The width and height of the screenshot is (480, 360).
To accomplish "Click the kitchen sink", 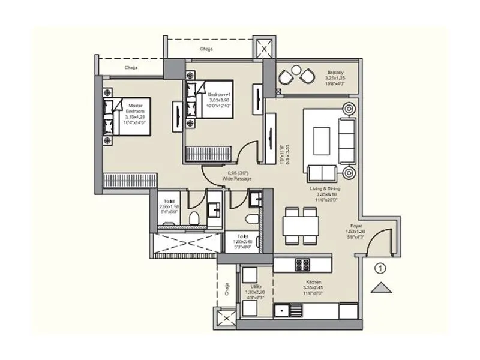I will coord(285,311).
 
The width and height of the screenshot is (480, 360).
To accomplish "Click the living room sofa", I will coord(347,141).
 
